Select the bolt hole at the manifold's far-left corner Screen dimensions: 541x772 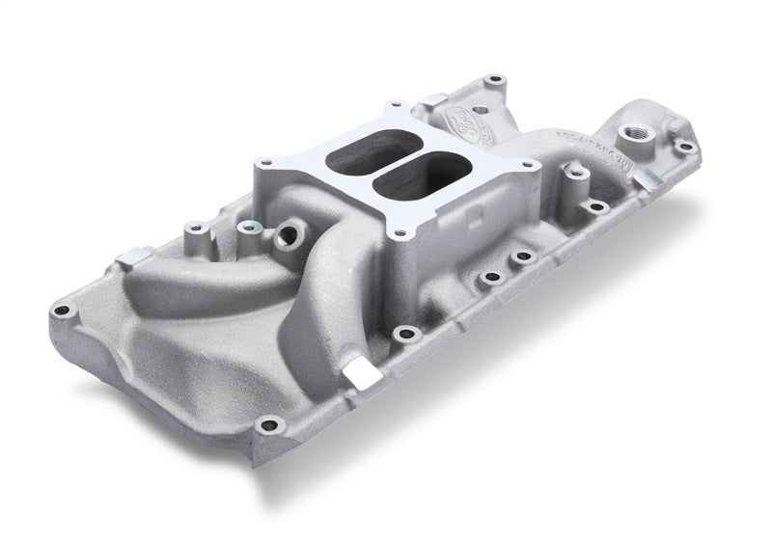[x=63, y=311]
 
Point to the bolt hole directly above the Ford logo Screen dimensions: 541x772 [x=494, y=79]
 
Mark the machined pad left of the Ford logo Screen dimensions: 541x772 [x=434, y=99]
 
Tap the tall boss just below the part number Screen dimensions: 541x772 [x=577, y=174]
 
